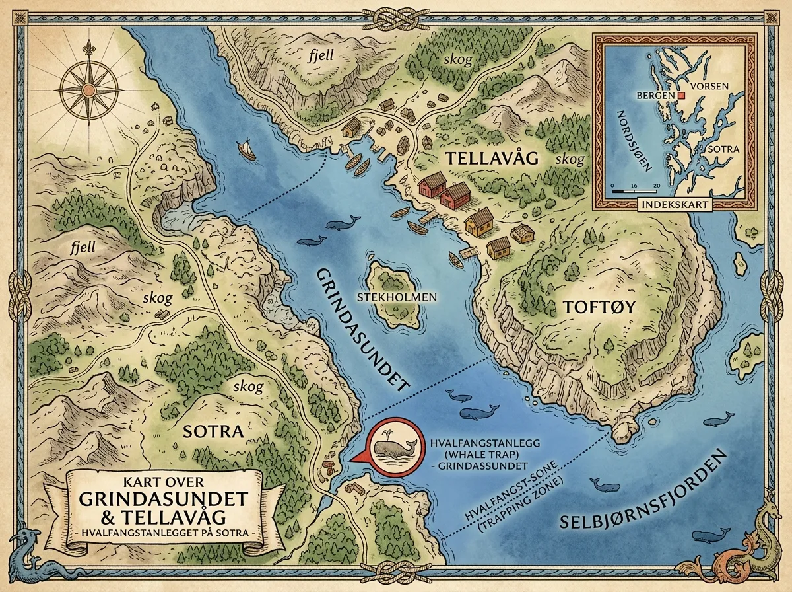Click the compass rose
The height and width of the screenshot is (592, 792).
(x=88, y=87)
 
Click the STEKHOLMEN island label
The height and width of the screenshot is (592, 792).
(x=397, y=297)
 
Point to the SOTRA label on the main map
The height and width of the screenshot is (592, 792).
(x=204, y=431)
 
